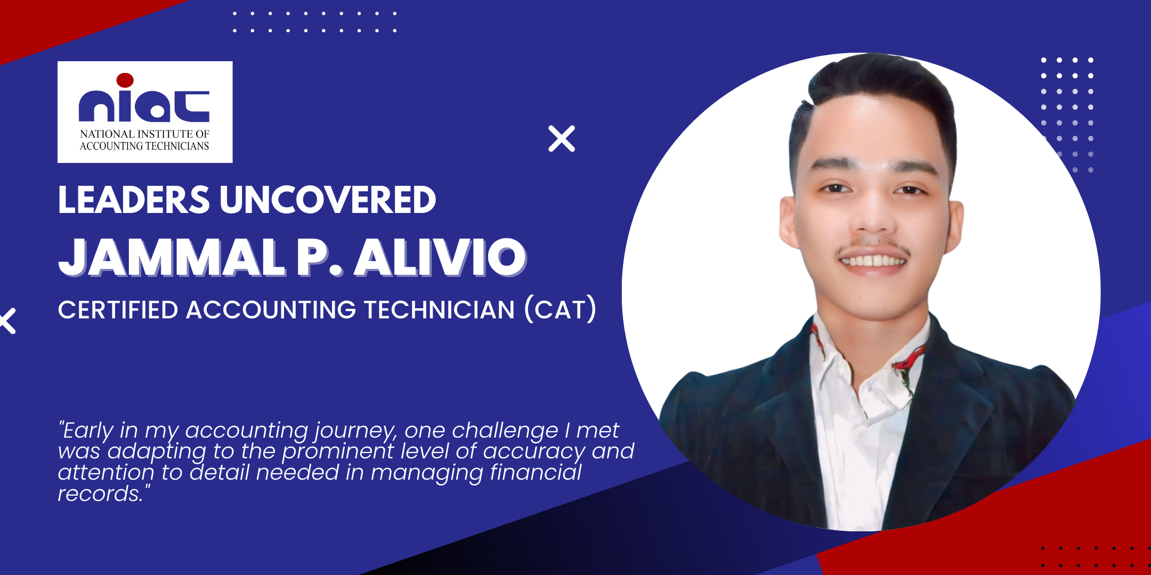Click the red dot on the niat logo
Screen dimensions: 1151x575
tap(125, 80)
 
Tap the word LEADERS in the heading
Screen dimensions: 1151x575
tap(134, 200)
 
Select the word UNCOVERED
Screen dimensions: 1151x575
tap(328, 200)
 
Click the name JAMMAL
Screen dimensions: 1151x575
tap(172, 258)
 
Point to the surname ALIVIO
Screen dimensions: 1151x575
tap(441, 258)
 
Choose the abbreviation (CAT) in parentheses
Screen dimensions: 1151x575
tap(561, 310)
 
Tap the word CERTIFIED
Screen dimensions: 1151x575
tap(118, 310)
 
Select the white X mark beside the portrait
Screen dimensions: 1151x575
tap(562, 138)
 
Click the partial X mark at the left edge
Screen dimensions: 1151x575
tap(7, 321)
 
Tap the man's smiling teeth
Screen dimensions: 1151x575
tap(873, 261)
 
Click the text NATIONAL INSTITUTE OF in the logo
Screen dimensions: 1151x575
tap(144, 134)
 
